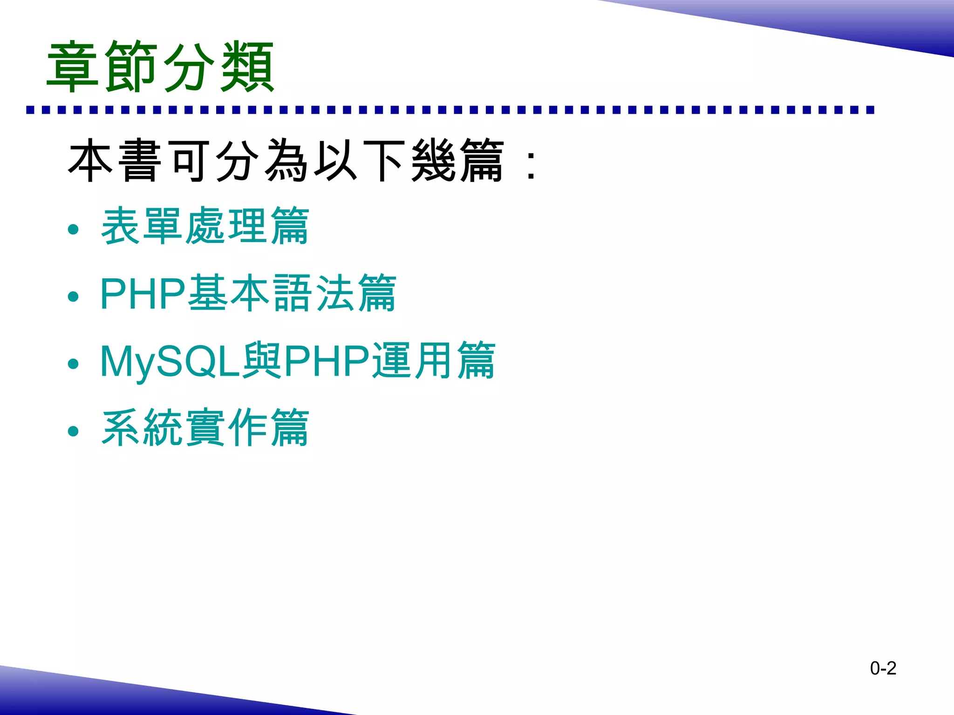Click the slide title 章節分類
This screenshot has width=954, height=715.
pos(161,67)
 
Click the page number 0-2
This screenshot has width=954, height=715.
pos(883,668)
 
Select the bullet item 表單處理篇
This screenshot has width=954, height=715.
pos(205,226)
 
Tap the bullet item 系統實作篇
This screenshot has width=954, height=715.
pos(205,428)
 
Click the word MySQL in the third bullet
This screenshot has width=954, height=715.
pos(170,361)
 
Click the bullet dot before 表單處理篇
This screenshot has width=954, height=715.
pos(73,229)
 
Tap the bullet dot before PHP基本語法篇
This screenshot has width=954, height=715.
pos(73,297)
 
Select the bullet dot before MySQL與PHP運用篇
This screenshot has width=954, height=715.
pos(73,364)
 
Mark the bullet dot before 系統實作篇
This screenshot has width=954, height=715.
pos(73,431)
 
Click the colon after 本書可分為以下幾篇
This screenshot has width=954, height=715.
pos(531,165)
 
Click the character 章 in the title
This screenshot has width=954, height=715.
pos(73,67)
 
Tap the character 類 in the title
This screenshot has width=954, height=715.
pos(247,67)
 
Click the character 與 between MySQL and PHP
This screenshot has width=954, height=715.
pos(262,361)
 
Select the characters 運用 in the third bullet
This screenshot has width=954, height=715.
pos(413,361)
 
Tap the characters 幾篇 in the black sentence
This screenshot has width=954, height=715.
pos(458,161)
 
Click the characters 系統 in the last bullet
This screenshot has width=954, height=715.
pos(143,428)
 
